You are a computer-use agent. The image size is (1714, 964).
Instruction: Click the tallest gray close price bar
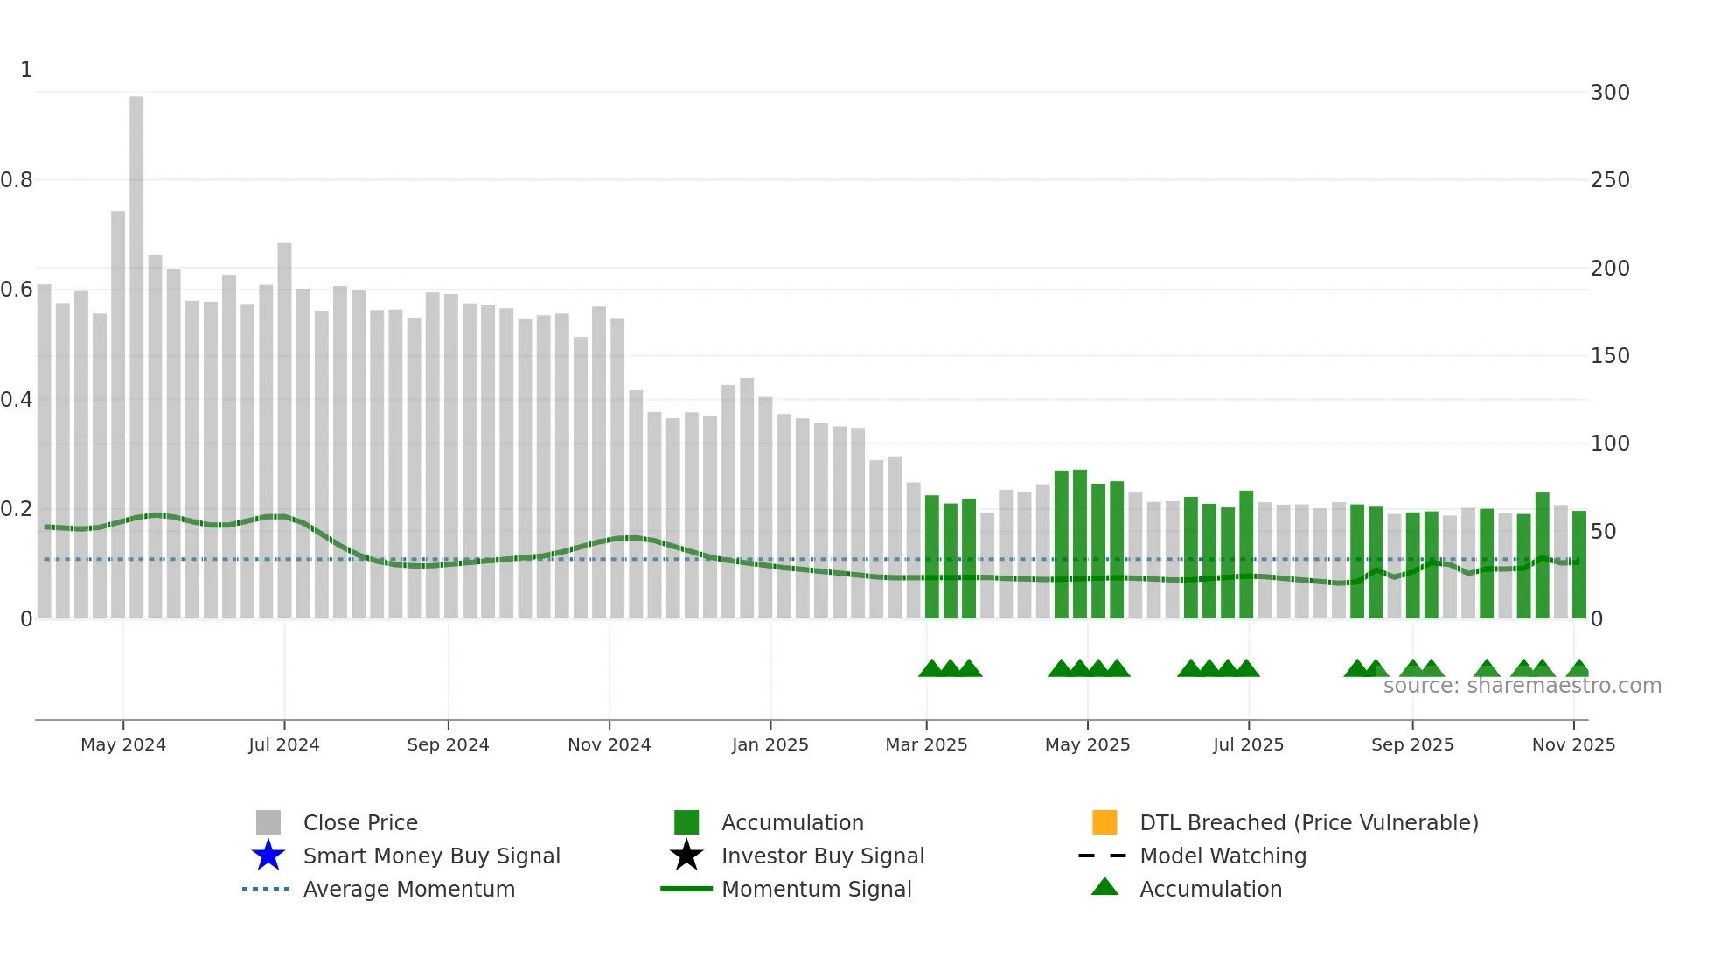tap(136, 359)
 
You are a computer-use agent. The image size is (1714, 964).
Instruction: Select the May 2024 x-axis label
tap(123, 744)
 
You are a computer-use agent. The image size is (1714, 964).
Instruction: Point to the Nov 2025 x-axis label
tap(1573, 744)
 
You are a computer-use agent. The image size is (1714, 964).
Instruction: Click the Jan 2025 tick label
tap(770, 744)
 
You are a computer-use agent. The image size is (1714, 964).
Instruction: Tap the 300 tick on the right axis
tap(1610, 93)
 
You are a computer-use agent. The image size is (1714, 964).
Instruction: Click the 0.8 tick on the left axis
tap(17, 180)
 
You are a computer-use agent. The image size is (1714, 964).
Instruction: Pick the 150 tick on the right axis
tap(1610, 356)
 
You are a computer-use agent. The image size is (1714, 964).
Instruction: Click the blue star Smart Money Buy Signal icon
tap(268, 856)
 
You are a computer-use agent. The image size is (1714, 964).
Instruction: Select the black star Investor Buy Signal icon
tap(686, 856)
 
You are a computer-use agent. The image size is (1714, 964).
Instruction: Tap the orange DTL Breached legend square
tap(1104, 822)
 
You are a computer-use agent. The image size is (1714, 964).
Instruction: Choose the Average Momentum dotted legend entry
tap(266, 889)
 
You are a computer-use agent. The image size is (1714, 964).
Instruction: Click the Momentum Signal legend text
tap(816, 889)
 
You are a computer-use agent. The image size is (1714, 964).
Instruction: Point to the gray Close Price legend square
tap(268, 822)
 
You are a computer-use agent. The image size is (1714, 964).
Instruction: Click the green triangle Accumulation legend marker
tap(1104, 887)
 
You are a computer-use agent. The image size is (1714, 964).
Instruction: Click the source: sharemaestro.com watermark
tap(1522, 686)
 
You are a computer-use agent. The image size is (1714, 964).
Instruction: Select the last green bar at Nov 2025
tap(1578, 565)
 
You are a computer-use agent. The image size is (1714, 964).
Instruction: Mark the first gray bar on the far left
tap(45, 451)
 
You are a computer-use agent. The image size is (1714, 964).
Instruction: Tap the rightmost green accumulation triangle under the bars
tap(1578, 669)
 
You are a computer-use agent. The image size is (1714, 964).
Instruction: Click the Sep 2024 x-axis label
tap(448, 744)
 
